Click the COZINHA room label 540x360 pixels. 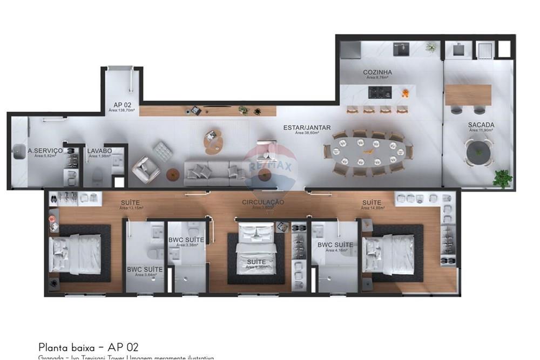coord(377,72)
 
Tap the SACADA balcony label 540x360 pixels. coord(481,125)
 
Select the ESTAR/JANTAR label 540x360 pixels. coord(307,128)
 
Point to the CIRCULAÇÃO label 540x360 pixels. coord(263,202)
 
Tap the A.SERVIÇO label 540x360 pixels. coord(45,151)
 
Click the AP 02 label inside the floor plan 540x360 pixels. coord(122,105)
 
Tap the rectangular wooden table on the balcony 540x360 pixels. coord(468,95)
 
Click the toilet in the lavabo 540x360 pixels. coord(98,176)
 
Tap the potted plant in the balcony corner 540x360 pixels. coord(502,178)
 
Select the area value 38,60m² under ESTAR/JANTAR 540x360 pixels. coord(307,133)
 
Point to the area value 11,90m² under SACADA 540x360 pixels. coord(481,130)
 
